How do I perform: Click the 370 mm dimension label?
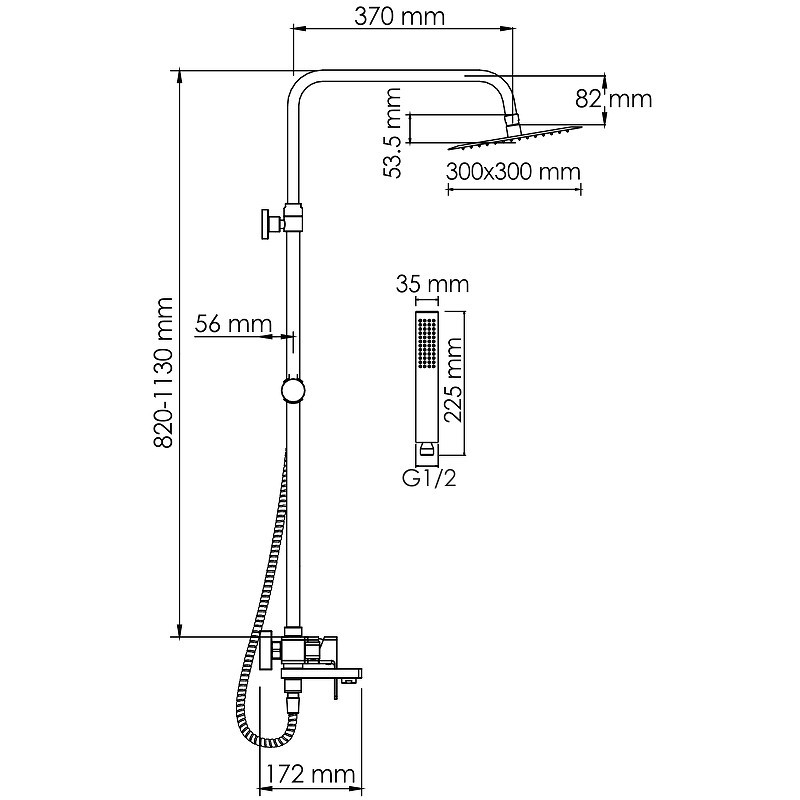click(x=399, y=17)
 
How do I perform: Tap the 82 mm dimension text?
click(x=613, y=98)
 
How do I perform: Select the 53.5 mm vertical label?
click(x=392, y=133)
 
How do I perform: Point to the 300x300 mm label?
click(x=513, y=171)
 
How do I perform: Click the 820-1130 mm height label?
click(x=164, y=373)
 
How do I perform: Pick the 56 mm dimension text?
click(x=233, y=323)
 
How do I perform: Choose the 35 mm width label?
click(x=432, y=284)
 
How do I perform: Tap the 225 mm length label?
click(x=453, y=380)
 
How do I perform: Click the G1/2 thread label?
click(x=429, y=478)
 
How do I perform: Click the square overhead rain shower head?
click(x=515, y=137)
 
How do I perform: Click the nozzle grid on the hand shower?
click(x=427, y=342)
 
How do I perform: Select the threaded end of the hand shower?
click(x=427, y=454)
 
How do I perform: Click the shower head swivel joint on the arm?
click(x=513, y=120)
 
